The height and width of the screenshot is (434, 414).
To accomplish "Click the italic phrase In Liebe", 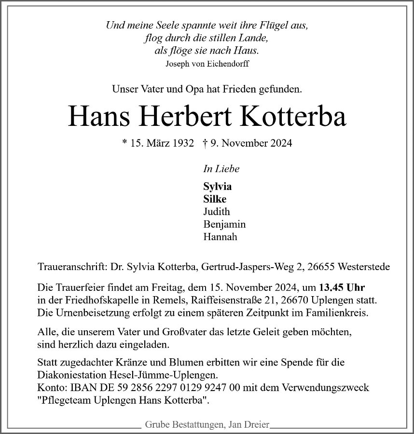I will [x=221, y=169].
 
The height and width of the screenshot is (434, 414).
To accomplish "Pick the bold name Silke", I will [x=215, y=199].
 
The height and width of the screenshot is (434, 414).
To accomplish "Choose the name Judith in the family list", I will [x=217, y=212].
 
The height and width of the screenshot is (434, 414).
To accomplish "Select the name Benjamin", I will [x=224, y=224].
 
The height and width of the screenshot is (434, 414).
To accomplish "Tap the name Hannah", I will [x=220, y=237].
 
